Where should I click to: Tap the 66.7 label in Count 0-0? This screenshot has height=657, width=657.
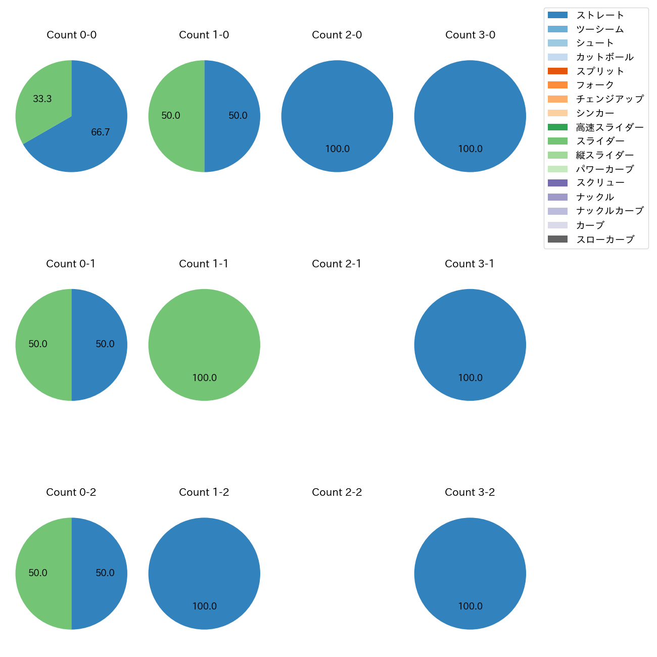101,132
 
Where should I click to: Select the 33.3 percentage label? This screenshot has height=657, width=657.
42,99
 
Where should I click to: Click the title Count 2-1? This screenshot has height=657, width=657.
337,264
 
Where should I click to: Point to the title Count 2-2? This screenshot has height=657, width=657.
337,492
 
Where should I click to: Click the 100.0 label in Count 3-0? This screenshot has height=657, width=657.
471,149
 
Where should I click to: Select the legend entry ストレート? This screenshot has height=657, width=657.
600,15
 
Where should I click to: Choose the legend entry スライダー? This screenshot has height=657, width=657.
600,141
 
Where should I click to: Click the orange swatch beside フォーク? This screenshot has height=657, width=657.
557,85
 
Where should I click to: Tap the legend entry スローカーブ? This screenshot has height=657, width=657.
605,240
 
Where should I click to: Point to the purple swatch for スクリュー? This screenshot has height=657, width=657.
557,183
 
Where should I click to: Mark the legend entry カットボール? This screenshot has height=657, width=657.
604,57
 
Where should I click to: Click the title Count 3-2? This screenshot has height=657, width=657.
470,492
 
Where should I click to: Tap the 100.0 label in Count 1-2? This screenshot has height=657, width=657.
205,606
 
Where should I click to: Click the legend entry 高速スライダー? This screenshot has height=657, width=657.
609,127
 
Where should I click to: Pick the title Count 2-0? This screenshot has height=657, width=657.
337,35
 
